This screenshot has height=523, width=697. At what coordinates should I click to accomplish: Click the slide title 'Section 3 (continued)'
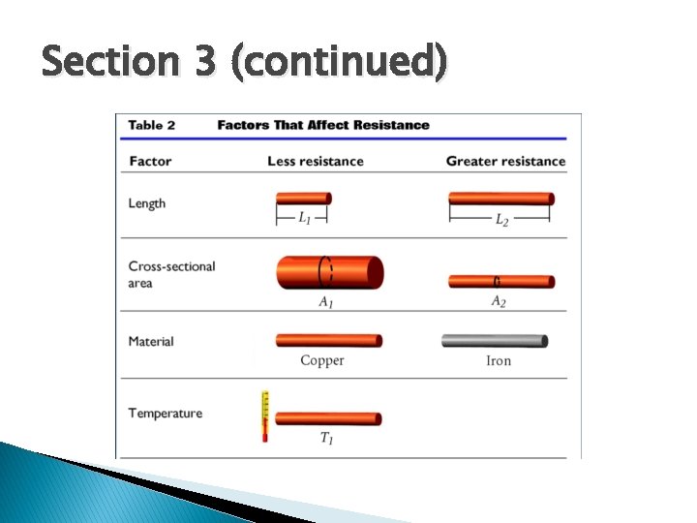pyautogui.click(x=244, y=62)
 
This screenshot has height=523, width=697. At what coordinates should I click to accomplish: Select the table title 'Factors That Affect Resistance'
pyautogui.click(x=323, y=125)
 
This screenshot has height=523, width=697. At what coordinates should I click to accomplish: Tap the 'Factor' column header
pyautogui.click(x=150, y=161)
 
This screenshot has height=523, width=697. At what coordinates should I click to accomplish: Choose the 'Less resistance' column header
pyautogui.click(x=316, y=161)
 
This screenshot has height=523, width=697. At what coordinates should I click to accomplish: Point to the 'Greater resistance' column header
pyautogui.click(x=505, y=161)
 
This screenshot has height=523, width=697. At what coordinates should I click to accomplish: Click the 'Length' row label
pyautogui.click(x=147, y=203)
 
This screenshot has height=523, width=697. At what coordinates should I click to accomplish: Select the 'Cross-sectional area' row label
pyautogui.click(x=171, y=274)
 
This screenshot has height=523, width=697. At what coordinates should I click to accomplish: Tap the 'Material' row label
pyautogui.click(x=151, y=341)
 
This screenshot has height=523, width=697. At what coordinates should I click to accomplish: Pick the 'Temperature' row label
pyautogui.click(x=166, y=414)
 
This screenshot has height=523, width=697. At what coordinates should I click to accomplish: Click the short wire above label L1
pyautogui.click(x=303, y=199)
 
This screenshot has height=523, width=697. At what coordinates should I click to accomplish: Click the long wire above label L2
pyautogui.click(x=501, y=199)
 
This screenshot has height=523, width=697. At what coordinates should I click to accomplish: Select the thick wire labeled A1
pyautogui.click(x=329, y=272)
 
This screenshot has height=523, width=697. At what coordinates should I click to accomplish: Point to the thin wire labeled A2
pyautogui.click(x=501, y=282)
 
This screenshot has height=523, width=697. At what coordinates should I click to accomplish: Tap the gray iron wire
pyautogui.click(x=495, y=340)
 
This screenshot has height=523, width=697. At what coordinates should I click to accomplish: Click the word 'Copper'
pyautogui.click(x=322, y=360)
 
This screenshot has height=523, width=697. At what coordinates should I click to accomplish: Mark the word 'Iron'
pyautogui.click(x=499, y=360)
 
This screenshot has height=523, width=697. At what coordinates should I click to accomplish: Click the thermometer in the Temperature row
pyautogui.click(x=264, y=416)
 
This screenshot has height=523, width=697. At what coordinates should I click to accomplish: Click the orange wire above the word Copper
pyautogui.click(x=329, y=340)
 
